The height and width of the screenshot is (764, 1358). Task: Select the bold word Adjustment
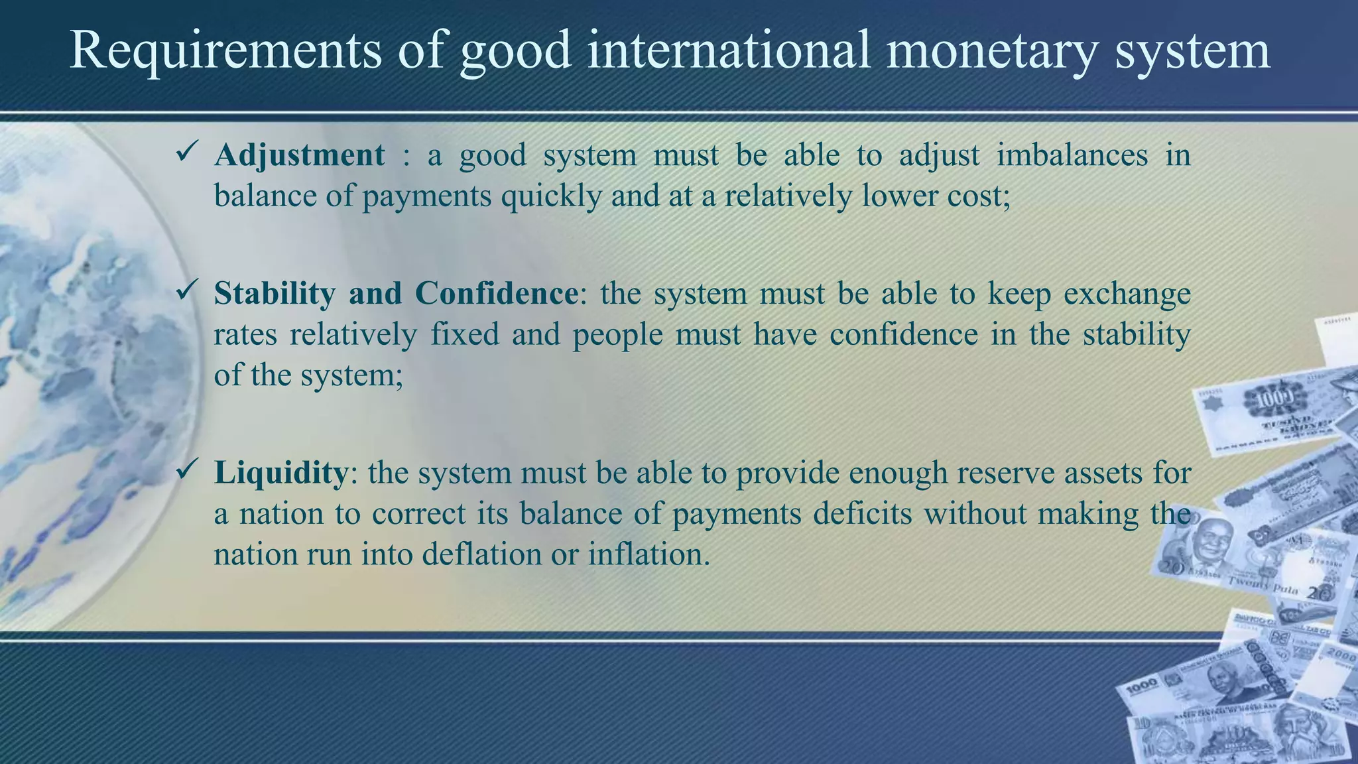point(299,155)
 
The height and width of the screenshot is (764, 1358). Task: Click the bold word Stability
point(275,294)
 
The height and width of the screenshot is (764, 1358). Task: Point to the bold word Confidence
point(497,293)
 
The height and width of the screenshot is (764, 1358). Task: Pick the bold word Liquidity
point(280,473)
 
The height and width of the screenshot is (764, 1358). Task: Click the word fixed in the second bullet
point(465,334)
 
